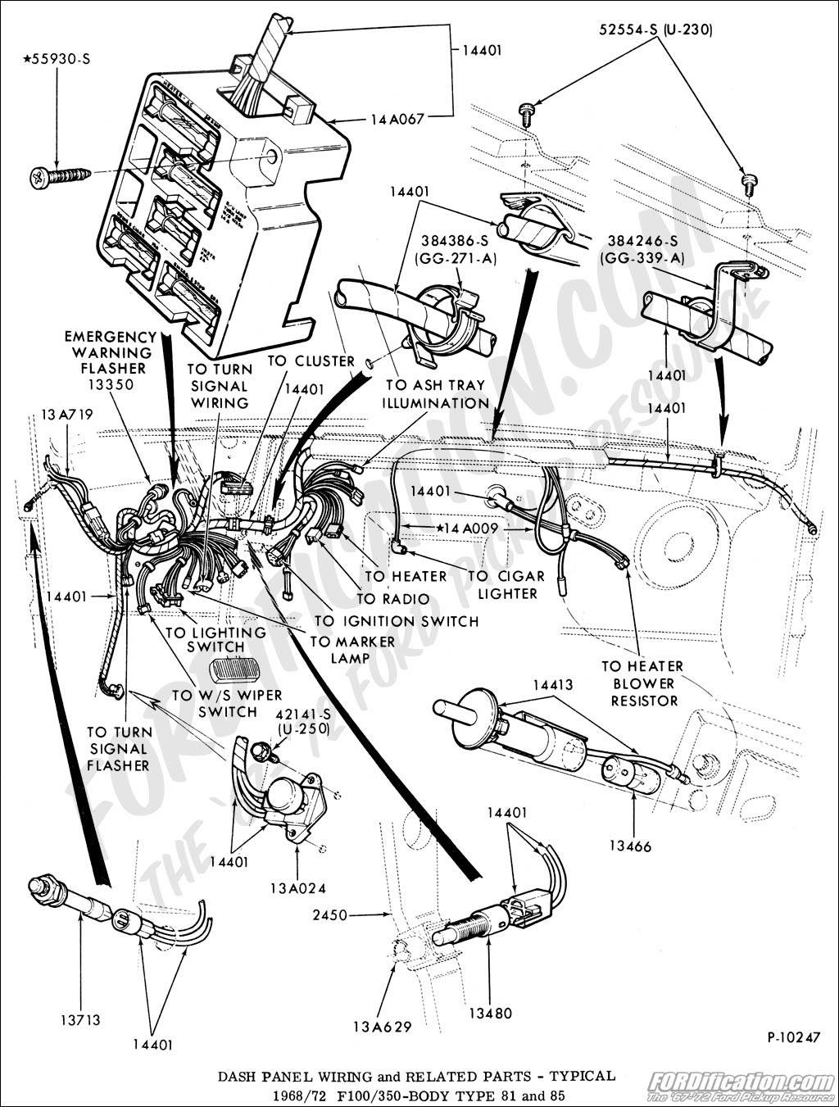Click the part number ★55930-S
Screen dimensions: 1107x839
(x=57, y=59)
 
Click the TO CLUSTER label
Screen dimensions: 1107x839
(x=311, y=361)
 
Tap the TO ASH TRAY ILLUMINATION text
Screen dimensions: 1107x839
(x=437, y=394)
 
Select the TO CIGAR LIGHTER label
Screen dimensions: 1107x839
(x=503, y=584)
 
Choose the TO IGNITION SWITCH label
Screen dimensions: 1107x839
(x=397, y=621)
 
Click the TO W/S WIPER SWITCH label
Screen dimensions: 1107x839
(x=215, y=703)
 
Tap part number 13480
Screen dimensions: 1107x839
(x=490, y=1014)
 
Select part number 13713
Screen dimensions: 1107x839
(x=79, y=1020)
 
